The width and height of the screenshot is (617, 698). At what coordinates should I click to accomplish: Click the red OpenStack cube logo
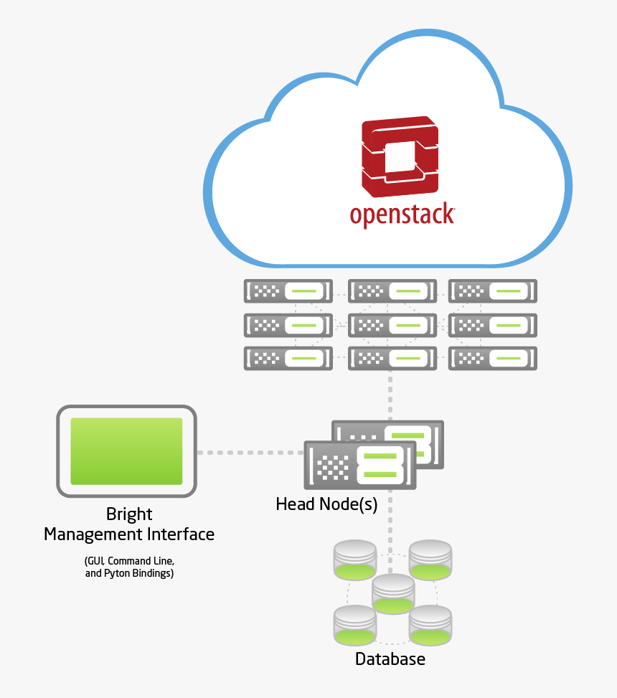(x=400, y=156)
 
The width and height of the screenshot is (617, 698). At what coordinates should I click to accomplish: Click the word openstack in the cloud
(x=402, y=215)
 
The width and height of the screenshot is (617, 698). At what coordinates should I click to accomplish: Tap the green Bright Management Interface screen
(x=126, y=451)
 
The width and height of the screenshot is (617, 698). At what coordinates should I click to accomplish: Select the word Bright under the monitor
(x=129, y=514)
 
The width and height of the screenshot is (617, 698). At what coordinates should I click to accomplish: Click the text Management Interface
(x=129, y=534)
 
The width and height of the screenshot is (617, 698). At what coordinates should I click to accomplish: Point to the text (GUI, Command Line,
(x=129, y=560)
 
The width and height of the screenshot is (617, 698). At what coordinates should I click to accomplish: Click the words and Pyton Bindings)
(x=129, y=573)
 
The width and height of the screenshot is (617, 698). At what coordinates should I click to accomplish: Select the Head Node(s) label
(x=326, y=504)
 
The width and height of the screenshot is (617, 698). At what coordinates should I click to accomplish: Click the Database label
(x=390, y=659)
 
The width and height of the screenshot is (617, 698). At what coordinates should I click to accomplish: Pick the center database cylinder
(x=393, y=594)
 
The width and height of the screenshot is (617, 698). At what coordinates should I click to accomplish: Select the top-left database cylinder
(x=355, y=560)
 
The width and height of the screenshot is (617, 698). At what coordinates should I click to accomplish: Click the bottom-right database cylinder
(x=430, y=624)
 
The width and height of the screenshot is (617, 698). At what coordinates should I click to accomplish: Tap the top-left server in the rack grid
(x=288, y=291)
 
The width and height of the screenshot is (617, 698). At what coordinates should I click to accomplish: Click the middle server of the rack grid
(x=392, y=325)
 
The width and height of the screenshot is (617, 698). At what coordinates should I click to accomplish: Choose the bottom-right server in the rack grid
(x=493, y=358)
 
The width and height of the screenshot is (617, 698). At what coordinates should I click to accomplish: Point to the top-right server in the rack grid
(x=493, y=291)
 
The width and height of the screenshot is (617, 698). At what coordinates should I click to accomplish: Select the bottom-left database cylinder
(x=355, y=624)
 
